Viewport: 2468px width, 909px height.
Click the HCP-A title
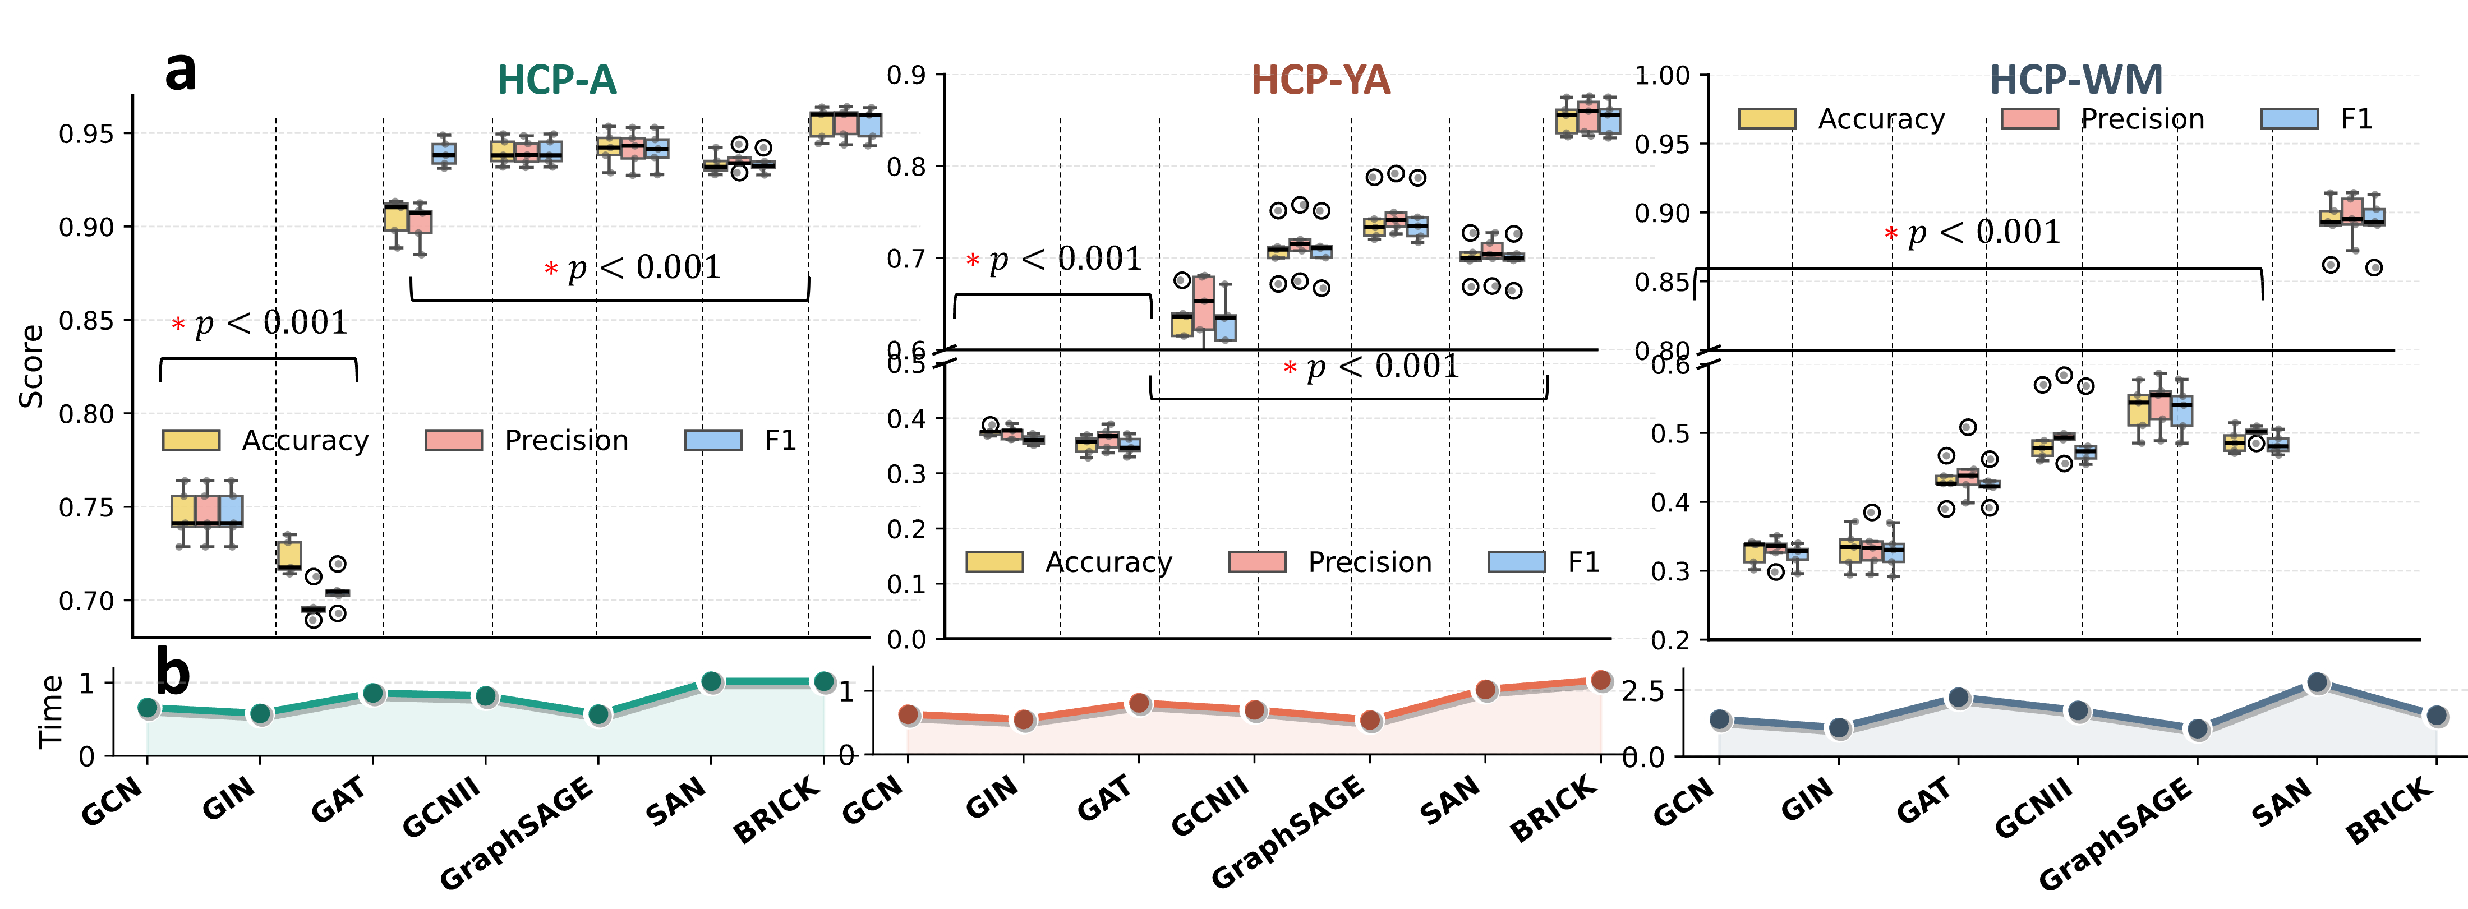point(556,80)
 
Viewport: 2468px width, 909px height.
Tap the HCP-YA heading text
point(1320,80)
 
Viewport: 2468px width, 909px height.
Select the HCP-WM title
point(2076,80)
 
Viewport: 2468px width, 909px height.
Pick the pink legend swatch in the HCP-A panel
point(453,440)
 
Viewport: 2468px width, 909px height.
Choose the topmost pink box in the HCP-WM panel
point(2352,209)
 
